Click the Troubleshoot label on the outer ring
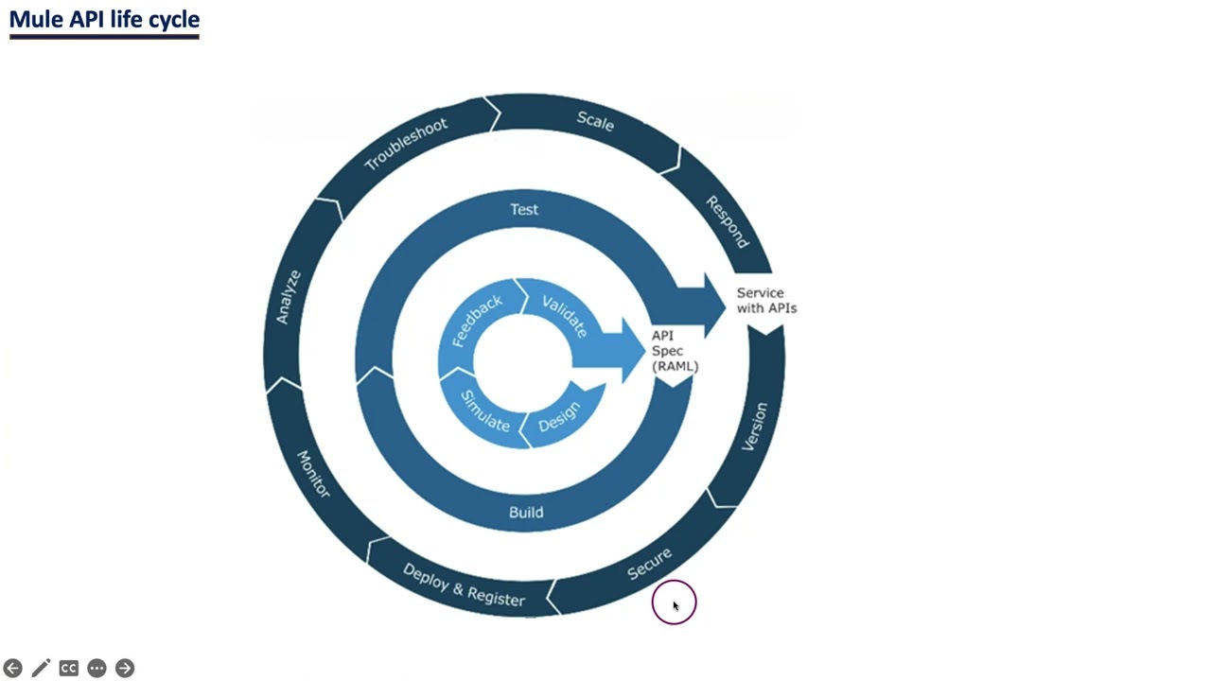(406, 144)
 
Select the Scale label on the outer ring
(595, 121)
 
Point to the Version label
(755, 428)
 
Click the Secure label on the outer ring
(650, 564)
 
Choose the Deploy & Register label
(464, 585)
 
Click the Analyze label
(289, 297)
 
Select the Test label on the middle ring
(524, 209)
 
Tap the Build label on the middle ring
(526, 512)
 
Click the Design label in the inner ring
(559, 417)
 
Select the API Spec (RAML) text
(675, 351)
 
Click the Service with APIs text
(766, 301)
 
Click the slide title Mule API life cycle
(104, 19)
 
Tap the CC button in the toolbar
(68, 669)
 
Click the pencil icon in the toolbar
(41, 669)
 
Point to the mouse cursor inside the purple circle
(675, 604)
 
